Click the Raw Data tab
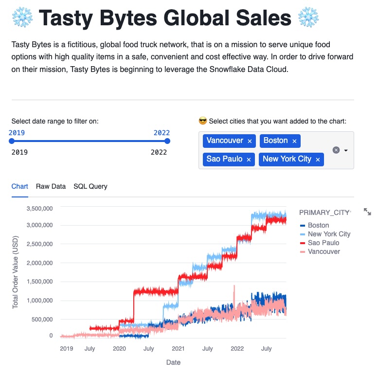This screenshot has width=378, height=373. coord(51,186)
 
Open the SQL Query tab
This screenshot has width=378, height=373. coord(90,186)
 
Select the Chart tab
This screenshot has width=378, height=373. coord(20,186)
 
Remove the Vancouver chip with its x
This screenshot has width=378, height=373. coord(250,141)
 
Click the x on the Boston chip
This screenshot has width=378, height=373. coord(294,141)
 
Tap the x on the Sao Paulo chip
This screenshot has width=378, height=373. coord(249,160)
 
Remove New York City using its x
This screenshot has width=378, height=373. coord(318,160)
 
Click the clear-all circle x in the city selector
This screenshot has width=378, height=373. coord(336,150)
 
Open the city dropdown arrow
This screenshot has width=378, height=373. coord(346,150)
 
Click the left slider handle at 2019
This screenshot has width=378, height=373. coord(12,141)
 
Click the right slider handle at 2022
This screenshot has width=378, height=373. coord(167,141)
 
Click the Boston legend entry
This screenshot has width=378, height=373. coord(318,225)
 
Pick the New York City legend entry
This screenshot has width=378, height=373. coord(329,234)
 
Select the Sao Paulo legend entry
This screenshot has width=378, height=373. coord(323,243)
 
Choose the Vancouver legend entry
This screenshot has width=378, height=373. coord(324,251)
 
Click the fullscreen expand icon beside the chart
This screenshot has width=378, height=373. coord(367,212)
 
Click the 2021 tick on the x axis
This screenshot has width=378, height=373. coord(178,349)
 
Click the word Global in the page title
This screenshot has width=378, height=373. coord(203,18)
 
